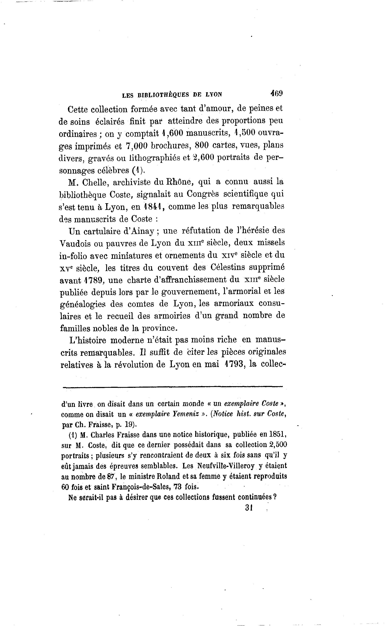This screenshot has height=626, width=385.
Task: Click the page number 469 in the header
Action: click(277, 93)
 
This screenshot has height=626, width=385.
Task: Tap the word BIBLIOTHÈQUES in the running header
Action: click(163, 95)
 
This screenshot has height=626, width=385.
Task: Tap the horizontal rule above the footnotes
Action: click(173, 387)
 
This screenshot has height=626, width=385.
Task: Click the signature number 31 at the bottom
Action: click(249, 508)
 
